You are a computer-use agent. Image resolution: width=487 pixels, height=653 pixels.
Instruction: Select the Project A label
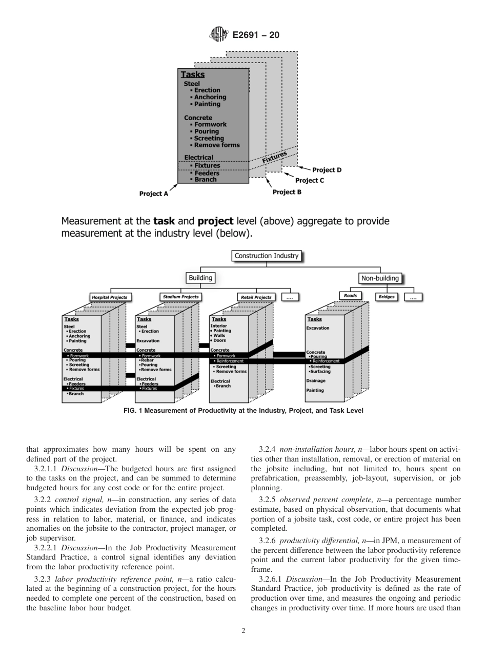153,194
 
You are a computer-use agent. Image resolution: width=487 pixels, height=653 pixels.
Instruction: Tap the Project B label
287,192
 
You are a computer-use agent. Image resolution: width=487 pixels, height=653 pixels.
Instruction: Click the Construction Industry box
266,256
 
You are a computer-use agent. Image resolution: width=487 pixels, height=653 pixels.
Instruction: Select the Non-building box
380,278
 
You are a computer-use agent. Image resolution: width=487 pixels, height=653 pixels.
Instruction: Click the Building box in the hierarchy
200,278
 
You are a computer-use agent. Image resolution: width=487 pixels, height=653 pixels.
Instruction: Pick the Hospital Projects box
109,297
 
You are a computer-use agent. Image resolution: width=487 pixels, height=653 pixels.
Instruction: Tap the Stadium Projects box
180,297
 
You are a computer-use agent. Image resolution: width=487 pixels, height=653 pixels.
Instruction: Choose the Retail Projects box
256,297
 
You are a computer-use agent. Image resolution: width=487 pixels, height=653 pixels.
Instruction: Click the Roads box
351,296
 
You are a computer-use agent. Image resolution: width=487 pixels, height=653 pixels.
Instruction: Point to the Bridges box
387,297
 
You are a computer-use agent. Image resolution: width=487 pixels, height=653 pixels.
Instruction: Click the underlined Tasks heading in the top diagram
192,74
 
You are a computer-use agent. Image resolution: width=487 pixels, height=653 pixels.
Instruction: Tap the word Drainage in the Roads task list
316,381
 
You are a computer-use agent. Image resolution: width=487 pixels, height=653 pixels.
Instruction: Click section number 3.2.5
269,500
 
